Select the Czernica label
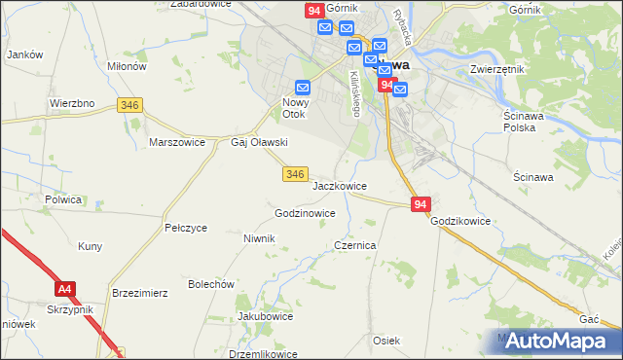pyautogui.click(x=355, y=246)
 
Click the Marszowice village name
pyautogui.click(x=176, y=141)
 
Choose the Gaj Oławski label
pyautogui.click(x=258, y=142)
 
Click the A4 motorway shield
pyautogui.click(x=65, y=289)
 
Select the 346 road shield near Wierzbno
pyautogui.click(x=129, y=104)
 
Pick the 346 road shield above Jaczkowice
pyautogui.click(x=297, y=173)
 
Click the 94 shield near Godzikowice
pyautogui.click(x=420, y=204)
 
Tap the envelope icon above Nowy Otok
pyautogui.click(x=303, y=87)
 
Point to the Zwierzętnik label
pyautogui.click(x=497, y=70)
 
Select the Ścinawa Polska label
pyautogui.click(x=529, y=123)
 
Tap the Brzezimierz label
pyautogui.click(x=141, y=292)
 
